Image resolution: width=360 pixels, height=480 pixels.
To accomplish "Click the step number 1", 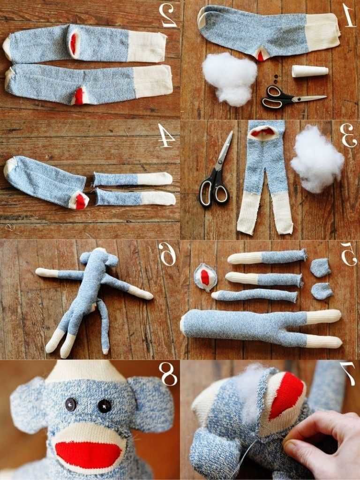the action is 349,15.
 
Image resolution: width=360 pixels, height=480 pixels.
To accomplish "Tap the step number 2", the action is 167,15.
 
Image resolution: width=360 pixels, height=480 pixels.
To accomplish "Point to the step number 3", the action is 348,136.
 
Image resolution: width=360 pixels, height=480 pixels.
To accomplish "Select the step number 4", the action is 166,136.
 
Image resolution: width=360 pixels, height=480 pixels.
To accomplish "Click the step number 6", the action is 167,254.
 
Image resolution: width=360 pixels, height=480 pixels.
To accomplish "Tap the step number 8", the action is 169,374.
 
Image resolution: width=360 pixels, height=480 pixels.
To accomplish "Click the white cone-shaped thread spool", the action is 310,71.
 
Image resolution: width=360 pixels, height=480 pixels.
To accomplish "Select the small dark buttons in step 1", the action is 276,79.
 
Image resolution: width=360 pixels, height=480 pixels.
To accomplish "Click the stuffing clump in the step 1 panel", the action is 230,78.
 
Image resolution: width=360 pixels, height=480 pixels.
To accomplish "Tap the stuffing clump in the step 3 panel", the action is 317,159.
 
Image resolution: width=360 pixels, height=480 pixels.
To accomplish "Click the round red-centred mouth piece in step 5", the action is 205,277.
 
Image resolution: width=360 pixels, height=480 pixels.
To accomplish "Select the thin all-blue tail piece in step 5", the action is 255,295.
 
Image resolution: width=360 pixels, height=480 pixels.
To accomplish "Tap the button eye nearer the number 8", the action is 105,406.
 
